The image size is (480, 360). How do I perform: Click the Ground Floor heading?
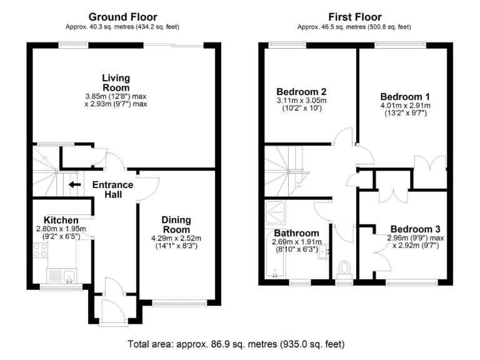[x=122, y=17]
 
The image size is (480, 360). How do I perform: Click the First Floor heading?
[x=354, y=17]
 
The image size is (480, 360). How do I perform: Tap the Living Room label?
[x=116, y=83]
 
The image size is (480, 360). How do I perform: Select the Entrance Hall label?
[x=112, y=189]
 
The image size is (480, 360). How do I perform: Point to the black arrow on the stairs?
[x=74, y=184]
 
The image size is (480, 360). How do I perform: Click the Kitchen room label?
[x=61, y=220]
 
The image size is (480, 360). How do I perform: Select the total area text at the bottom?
[x=236, y=344]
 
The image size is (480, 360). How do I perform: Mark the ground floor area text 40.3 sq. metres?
[x=122, y=27]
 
